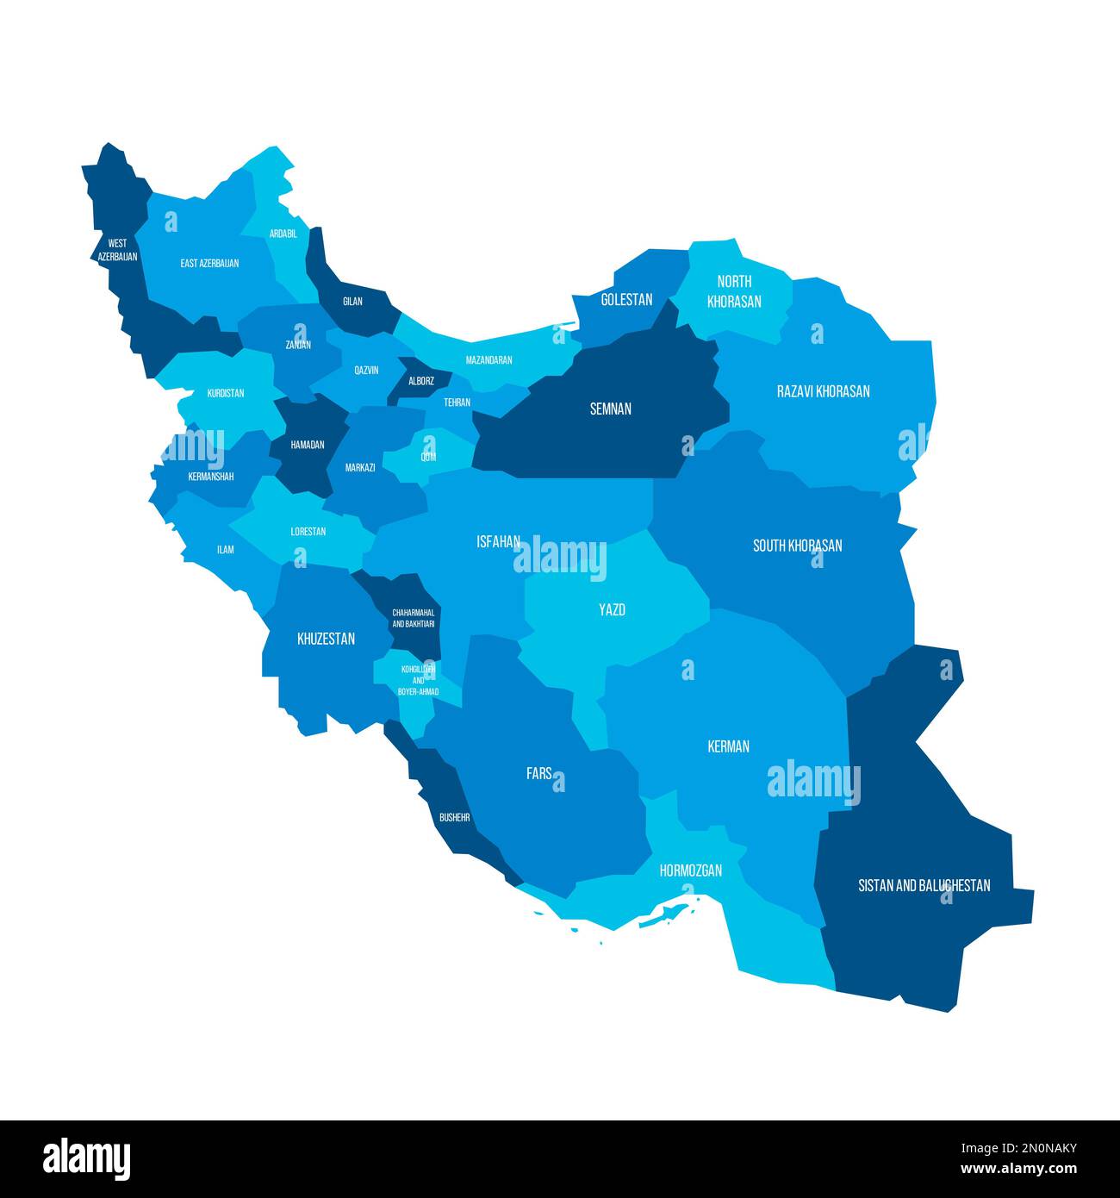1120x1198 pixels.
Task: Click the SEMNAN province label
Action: click(610, 409)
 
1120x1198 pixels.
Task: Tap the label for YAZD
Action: click(612, 610)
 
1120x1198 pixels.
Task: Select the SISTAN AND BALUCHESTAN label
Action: click(924, 885)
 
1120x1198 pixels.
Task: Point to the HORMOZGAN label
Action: click(690, 870)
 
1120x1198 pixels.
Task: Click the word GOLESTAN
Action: click(626, 300)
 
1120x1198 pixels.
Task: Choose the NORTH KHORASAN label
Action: click(734, 291)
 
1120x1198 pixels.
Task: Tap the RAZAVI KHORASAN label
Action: click(823, 391)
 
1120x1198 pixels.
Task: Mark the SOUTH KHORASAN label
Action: click(797, 546)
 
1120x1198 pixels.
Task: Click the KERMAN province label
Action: click(728, 746)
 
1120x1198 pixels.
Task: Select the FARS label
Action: click(539, 774)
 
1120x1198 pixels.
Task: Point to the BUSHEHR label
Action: click(454, 817)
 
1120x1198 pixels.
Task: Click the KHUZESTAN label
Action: click(326, 639)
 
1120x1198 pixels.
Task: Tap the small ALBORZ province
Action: click(420, 381)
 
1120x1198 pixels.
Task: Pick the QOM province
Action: click(428, 457)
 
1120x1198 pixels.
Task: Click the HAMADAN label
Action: click(308, 445)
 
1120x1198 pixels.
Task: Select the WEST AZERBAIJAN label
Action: click(117, 250)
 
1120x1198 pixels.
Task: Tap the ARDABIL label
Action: click(283, 234)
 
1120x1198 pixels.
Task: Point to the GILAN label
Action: click(352, 302)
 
